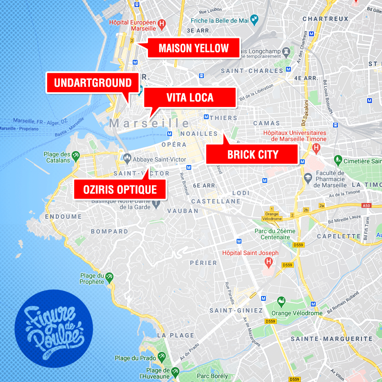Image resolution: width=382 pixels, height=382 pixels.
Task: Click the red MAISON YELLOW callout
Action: tap(193, 48)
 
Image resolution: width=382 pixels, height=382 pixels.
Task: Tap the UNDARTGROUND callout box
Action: tap(93, 83)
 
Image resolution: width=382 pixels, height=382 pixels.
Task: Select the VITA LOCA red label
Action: tap(190, 97)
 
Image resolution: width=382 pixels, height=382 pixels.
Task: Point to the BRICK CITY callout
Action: tap(252, 155)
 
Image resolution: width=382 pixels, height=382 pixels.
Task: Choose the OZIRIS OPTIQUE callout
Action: tap(120, 189)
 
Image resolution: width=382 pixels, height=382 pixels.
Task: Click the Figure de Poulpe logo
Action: tap(54, 329)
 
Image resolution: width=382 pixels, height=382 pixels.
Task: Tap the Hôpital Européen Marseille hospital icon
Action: tap(162, 24)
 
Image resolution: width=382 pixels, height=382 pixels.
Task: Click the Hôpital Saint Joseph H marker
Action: tap(269, 262)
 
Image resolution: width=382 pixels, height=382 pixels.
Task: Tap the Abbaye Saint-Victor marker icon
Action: tap(127, 156)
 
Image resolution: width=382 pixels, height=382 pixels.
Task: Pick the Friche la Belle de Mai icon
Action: tap(255, 19)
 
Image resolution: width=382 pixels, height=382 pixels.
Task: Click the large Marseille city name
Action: tap(149, 124)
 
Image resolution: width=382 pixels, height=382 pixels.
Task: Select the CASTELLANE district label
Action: tap(216, 201)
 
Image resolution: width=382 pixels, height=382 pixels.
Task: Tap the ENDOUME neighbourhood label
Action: tap(63, 216)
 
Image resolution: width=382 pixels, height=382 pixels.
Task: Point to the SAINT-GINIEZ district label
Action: tap(236, 310)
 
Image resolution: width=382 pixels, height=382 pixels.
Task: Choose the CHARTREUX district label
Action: tap(325, 19)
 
